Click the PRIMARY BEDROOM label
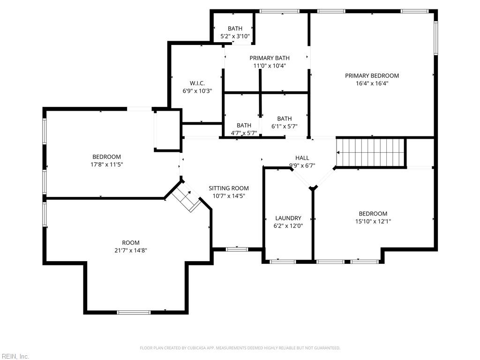pos(372,75)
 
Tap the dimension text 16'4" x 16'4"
pos(372,83)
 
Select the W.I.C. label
pos(197,83)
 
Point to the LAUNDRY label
pos(288,218)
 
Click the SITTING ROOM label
pos(229,188)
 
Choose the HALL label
pos(302,158)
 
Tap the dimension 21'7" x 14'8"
pos(131,250)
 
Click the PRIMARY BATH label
pos(270,58)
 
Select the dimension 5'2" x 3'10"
pos(235,36)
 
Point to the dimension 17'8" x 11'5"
pos(106,165)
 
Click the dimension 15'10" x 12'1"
pos(373,221)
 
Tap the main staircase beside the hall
pos(371,152)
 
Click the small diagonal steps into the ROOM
pos(186,198)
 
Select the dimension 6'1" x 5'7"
pos(285,126)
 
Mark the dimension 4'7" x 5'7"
pos(244,133)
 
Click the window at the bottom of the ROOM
pos(134,312)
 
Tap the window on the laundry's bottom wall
pos(282,262)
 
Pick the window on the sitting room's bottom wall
pos(237,249)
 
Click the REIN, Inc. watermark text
pos(15,356)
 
